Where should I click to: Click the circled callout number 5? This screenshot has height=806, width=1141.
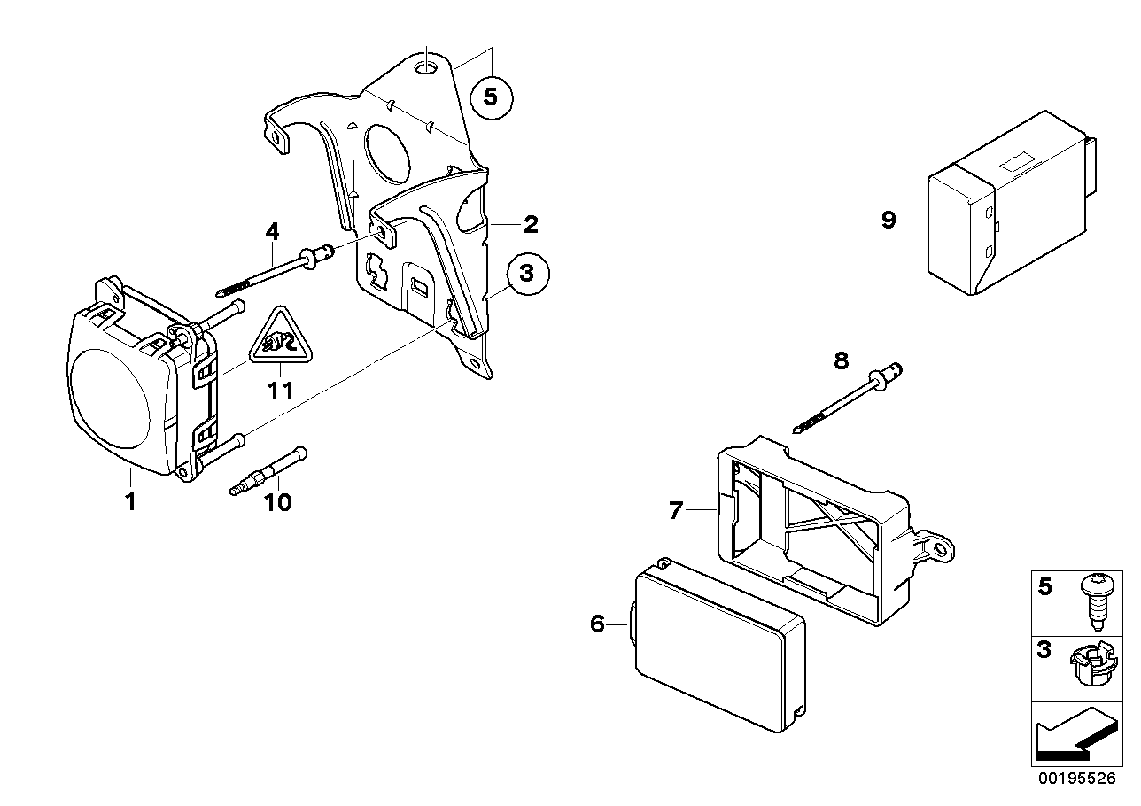[496, 98]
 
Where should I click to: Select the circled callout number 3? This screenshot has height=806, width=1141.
[527, 274]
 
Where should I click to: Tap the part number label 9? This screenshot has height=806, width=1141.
[889, 220]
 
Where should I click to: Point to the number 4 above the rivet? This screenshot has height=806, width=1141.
[272, 232]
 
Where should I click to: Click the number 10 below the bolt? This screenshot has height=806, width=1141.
[277, 503]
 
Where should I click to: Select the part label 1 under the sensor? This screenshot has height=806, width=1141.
[130, 502]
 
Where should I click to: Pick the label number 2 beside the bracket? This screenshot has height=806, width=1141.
[530, 224]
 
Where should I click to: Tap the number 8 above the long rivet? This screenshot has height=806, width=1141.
[841, 360]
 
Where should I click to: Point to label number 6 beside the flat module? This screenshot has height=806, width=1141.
[597, 624]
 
